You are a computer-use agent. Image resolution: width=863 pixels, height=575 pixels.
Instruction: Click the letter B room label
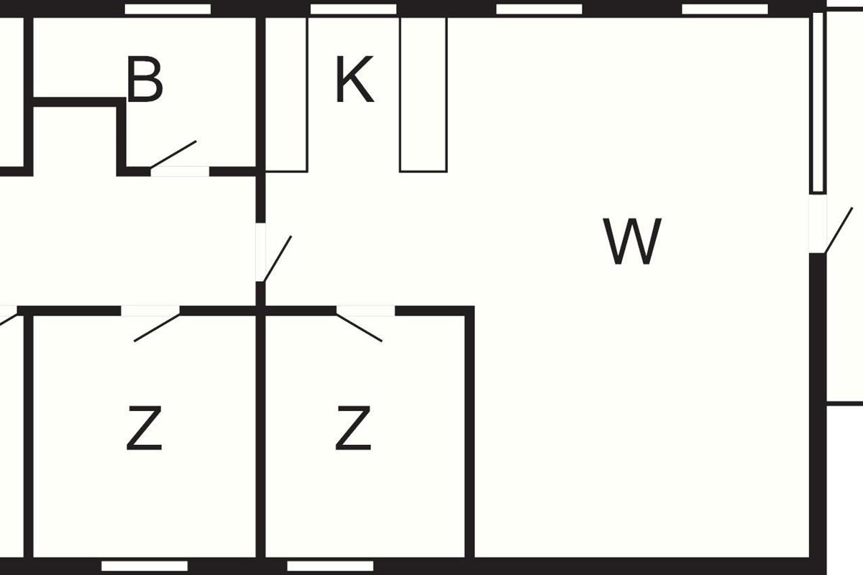[145, 79]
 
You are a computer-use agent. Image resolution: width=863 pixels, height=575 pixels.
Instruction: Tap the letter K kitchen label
[354, 79]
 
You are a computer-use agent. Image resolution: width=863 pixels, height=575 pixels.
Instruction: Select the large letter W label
[632, 241]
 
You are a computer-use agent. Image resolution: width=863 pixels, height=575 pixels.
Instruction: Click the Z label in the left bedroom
[144, 428]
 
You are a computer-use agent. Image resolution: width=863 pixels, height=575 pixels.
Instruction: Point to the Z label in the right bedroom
[353, 428]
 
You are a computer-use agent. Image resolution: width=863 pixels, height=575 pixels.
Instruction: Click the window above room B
[168, 9]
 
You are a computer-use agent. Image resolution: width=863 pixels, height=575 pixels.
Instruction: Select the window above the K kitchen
[353, 9]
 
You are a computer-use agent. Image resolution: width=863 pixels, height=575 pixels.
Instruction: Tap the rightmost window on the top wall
[725, 9]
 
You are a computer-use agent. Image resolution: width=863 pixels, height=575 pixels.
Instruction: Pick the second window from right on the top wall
[539, 9]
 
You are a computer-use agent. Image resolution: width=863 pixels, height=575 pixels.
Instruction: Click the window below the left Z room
[145, 566]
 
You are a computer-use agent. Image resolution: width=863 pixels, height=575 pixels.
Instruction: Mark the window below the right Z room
[330, 566]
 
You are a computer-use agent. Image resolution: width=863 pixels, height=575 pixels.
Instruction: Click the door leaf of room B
[173, 155]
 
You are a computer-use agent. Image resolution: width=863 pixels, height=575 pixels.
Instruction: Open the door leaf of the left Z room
[157, 328]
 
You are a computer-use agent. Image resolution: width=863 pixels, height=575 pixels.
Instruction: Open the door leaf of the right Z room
[359, 328]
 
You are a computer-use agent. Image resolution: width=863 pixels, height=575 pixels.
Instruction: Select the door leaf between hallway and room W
[278, 259]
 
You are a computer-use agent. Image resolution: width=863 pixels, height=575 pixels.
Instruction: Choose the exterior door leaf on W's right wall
[839, 230]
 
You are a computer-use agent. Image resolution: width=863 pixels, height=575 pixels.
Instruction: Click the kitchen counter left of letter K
[286, 94]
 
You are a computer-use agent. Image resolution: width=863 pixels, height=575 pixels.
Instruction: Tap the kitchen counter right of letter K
[424, 94]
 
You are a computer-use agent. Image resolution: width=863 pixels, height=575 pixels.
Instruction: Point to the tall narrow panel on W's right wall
[818, 103]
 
